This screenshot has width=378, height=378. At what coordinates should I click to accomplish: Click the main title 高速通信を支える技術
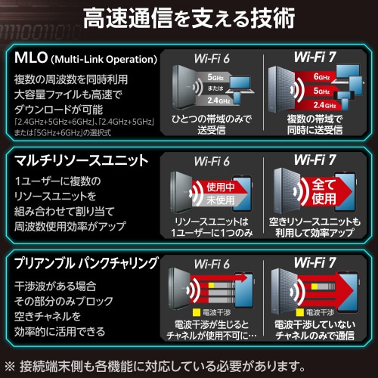point(189,23)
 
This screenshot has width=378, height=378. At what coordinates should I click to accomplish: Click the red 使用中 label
point(218,185)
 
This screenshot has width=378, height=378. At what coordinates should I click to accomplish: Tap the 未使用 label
point(218,199)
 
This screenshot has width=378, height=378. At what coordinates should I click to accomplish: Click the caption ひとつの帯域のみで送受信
point(212,125)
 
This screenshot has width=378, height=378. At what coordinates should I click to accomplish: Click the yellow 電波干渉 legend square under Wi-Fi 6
point(196,311)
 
